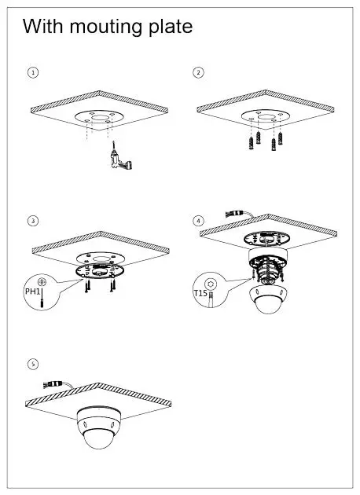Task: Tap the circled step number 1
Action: click(x=32, y=72)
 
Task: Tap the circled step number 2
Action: click(x=198, y=72)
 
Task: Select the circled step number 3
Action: click(x=32, y=221)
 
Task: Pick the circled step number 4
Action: click(x=198, y=221)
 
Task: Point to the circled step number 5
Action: click(x=32, y=364)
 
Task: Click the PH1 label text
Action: click(x=31, y=292)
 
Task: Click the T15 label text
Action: click(x=200, y=293)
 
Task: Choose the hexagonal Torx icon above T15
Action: click(x=210, y=281)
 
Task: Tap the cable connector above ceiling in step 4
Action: click(x=235, y=212)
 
